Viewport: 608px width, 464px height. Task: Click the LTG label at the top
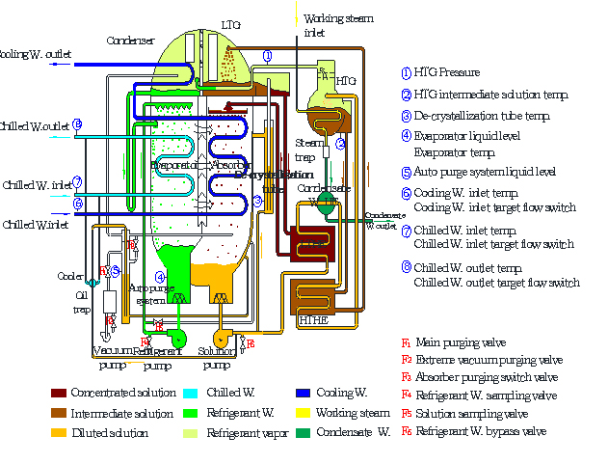coord(231,24)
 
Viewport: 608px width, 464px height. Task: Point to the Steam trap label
coord(305,150)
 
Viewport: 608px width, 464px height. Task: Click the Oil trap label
coord(82,304)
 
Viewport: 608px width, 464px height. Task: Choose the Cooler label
coord(69,276)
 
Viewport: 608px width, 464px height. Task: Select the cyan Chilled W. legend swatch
coord(190,394)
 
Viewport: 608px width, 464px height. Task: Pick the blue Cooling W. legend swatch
coord(304,394)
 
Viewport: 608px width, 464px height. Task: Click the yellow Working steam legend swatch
coord(304,413)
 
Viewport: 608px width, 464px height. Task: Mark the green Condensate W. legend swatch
coord(304,432)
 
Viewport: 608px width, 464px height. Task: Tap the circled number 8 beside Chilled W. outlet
coord(77,124)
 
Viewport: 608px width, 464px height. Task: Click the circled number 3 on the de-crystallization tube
coord(258,201)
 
